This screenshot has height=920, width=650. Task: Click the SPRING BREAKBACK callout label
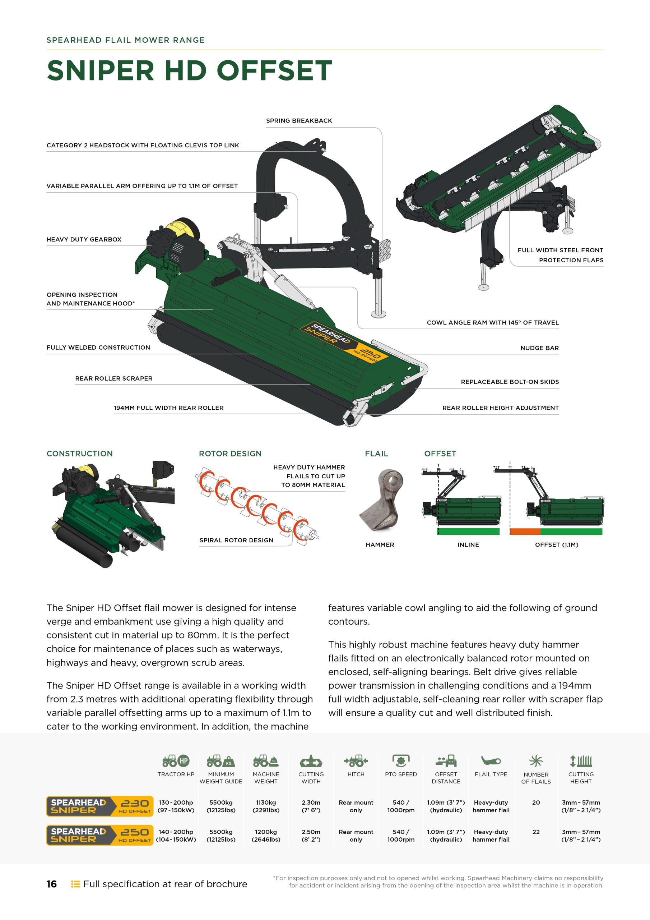click(x=299, y=121)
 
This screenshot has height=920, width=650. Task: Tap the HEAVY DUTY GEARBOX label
click(x=84, y=239)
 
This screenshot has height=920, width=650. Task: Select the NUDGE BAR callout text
click(x=539, y=348)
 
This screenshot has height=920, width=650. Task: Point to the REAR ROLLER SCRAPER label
click(x=114, y=378)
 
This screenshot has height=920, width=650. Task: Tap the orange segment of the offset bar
click(x=525, y=531)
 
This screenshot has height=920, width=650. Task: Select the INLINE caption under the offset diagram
click(x=468, y=544)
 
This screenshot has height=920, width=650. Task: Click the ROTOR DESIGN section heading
click(x=230, y=454)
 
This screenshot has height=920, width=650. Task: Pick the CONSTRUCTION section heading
click(x=80, y=454)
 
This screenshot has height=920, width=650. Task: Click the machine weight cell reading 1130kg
click(x=266, y=806)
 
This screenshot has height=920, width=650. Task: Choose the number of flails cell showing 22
click(x=536, y=832)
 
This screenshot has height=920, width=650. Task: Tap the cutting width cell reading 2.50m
click(x=311, y=836)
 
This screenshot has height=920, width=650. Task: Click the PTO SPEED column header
click(x=401, y=774)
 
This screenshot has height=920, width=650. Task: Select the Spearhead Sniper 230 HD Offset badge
click(x=100, y=806)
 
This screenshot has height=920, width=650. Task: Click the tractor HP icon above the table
click(x=176, y=760)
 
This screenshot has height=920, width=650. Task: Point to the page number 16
click(x=52, y=884)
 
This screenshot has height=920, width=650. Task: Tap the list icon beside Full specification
click(x=75, y=884)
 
